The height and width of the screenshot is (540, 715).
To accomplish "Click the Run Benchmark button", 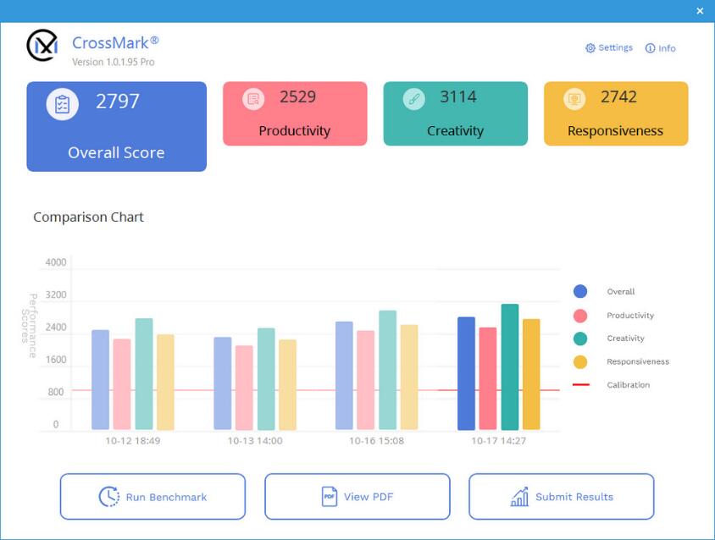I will [x=152, y=497].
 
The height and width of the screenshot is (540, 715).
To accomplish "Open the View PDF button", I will [x=357, y=497].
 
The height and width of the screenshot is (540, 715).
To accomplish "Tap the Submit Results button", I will [x=561, y=497].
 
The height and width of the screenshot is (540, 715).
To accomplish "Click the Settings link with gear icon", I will [x=609, y=48].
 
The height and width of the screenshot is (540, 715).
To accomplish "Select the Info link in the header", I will [x=661, y=48].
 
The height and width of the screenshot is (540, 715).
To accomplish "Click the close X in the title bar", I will [x=700, y=11].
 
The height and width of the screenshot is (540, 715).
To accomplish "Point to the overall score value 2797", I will [x=117, y=102].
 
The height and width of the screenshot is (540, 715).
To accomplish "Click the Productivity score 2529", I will [x=297, y=97].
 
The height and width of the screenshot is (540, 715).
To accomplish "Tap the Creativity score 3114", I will [x=458, y=97].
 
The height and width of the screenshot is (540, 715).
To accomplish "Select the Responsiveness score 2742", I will [x=618, y=97].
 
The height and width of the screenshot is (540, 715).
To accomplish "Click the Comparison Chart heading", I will [x=88, y=218].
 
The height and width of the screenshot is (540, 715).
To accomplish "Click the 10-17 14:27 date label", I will [x=499, y=441].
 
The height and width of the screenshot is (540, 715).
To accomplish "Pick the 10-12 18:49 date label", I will [x=133, y=441].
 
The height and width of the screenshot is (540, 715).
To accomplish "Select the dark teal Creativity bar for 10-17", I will [x=509, y=367].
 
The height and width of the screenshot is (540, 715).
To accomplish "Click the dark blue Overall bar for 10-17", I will [x=466, y=373].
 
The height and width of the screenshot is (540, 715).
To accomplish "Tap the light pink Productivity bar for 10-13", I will [x=244, y=388].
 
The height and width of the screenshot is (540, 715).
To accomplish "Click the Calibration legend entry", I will [x=628, y=385].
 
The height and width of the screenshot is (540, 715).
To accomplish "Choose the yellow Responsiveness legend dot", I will [x=580, y=361].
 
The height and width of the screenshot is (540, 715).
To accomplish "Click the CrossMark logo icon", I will [x=42, y=46].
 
